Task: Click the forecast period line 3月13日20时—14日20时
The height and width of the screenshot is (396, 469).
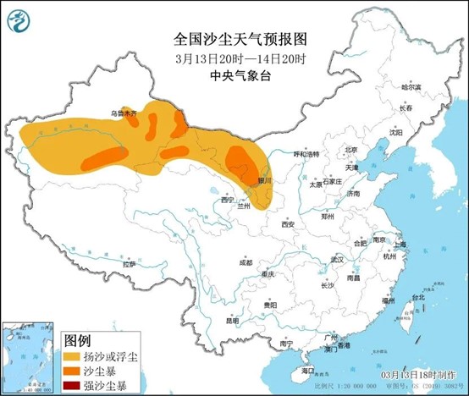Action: coord(234,58)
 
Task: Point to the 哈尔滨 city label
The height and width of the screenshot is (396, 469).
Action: coord(411,87)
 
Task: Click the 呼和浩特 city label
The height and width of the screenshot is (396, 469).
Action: coord(306,154)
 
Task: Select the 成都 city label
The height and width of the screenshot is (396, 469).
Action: coord(245,262)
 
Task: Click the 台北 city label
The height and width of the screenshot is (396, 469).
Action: coord(417,298)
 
